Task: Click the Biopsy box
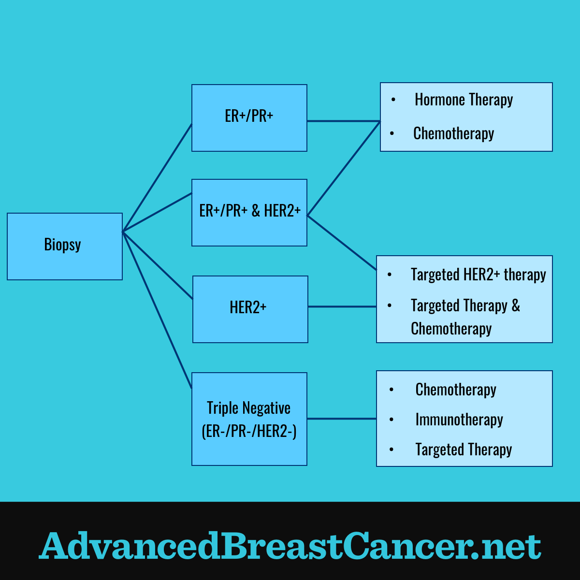[65, 246]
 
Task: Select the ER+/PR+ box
[249, 117]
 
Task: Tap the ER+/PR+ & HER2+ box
[249, 213]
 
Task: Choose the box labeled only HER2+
[250, 309]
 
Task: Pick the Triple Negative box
[249, 419]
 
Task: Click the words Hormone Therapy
[464, 100]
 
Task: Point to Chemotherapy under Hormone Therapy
[453, 133]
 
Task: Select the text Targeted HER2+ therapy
[478, 275]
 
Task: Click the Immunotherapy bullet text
[459, 420]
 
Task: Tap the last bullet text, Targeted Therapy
[464, 449]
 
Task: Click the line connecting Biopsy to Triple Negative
[157, 310]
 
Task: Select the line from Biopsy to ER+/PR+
[157, 177]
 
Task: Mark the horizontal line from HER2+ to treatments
[342, 307]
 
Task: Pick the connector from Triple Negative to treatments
[342, 419]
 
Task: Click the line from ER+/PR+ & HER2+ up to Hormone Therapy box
[344, 168]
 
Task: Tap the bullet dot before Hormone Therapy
[393, 100]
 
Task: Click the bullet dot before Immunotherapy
[391, 420]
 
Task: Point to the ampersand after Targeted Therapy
[516, 305]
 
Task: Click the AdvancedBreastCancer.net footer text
[290, 545]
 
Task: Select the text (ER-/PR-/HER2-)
[249, 431]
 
